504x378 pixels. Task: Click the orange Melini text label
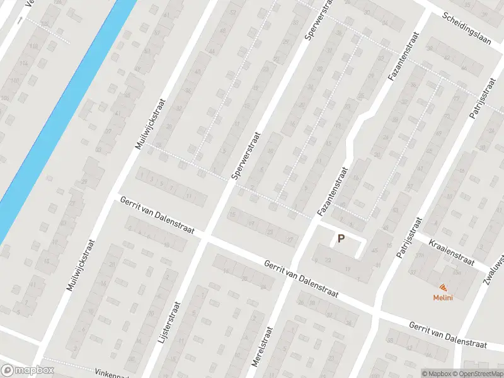tap(443, 297)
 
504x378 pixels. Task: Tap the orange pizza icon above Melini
tap(444, 287)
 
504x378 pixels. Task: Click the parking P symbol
tap(341, 239)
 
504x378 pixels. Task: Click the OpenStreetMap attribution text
tap(476, 374)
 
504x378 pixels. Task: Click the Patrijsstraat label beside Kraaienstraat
tap(409, 238)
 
